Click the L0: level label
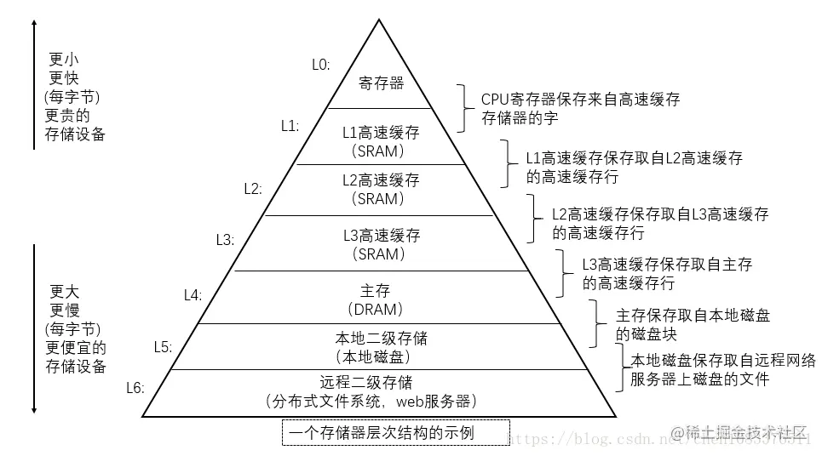321,65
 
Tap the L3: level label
224,240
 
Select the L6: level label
135,388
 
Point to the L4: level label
193,294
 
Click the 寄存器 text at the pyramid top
380,83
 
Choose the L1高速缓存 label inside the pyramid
381,133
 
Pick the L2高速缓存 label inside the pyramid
381,180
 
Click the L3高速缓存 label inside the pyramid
381,235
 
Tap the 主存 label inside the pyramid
381,290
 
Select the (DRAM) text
381,309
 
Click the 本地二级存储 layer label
381,339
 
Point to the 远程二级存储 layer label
381,382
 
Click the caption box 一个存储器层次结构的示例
395,433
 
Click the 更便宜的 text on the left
76,347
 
